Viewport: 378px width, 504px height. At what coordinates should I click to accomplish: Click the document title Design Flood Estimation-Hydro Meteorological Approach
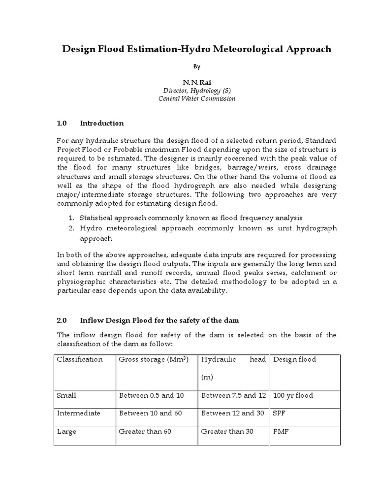[196, 49]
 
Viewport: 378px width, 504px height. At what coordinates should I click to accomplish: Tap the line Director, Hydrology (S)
[196, 90]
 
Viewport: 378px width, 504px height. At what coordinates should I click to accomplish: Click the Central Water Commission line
[196, 98]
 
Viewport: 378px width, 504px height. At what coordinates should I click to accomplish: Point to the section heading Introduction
[102, 123]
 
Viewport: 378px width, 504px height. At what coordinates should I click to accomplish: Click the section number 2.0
[62, 320]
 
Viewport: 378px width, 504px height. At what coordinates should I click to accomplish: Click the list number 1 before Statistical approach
[71, 218]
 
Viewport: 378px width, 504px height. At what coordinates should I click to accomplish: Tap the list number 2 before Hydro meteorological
[71, 228]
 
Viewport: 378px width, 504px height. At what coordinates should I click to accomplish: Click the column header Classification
[80, 359]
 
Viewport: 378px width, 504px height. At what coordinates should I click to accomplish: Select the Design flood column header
[294, 359]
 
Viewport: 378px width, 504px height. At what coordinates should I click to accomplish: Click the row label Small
[66, 395]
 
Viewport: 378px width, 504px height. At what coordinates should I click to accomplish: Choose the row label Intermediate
[78, 413]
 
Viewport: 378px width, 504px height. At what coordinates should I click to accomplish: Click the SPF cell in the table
[279, 413]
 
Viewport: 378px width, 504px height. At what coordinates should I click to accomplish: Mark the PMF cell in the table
[280, 431]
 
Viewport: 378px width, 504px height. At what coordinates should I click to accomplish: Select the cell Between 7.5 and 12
[233, 395]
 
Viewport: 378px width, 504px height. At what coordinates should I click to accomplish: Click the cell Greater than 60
[146, 431]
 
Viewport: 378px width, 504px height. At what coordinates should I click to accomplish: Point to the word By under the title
[196, 66]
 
